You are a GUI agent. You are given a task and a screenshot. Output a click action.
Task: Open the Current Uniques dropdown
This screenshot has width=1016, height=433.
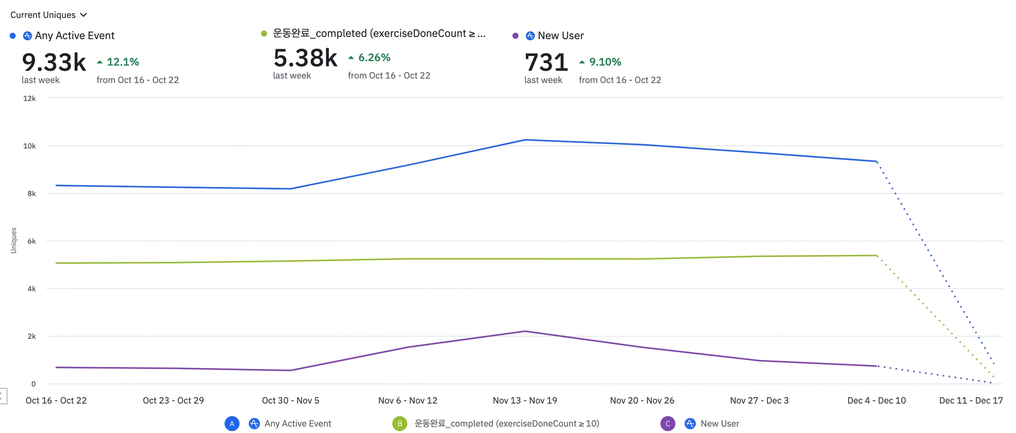coord(49,15)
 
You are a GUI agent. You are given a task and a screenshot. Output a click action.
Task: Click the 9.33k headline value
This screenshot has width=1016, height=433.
coord(54,62)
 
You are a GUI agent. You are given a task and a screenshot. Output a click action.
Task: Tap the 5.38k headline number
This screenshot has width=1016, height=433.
coord(305,58)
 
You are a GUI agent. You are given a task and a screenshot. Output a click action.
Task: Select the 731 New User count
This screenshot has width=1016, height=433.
coord(546,62)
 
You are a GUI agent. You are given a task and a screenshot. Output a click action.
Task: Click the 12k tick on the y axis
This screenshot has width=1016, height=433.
coord(29,98)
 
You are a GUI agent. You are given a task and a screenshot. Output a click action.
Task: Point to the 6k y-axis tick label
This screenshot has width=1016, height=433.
coord(31,241)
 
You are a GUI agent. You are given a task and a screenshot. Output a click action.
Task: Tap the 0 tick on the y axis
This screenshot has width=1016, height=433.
coord(33,384)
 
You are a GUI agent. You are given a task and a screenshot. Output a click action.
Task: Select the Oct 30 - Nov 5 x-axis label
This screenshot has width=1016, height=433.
coord(290,400)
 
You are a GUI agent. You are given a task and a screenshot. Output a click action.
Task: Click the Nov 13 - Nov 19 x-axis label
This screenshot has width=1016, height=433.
coord(525,400)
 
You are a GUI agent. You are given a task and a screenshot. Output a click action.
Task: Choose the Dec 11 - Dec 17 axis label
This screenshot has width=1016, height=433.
coord(971,400)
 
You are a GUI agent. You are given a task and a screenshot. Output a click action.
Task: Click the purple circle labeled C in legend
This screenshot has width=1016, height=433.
coord(668,424)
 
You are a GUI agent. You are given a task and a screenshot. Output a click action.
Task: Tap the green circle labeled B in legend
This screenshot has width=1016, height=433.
coord(399,424)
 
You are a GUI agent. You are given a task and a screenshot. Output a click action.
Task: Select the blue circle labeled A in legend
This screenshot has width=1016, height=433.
coord(232,424)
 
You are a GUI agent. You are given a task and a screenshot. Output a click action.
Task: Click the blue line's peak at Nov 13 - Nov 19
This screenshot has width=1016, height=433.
coord(525,140)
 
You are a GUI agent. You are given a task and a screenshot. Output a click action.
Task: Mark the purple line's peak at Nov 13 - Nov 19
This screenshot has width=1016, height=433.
coord(525,331)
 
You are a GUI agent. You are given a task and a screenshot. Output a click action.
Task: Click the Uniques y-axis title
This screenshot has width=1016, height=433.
coord(13,241)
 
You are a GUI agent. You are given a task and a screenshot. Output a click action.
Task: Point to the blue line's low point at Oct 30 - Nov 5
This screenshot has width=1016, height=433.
coord(290,189)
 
